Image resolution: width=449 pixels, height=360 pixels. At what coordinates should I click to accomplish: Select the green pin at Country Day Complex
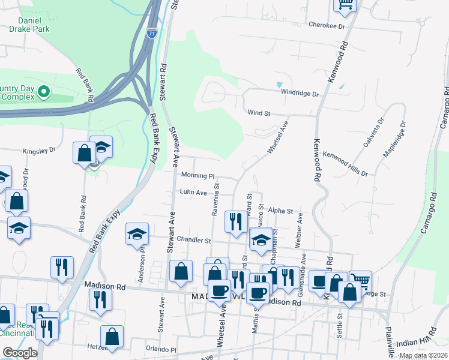43,92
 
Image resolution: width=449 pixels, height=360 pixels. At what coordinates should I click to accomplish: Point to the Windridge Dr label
300,94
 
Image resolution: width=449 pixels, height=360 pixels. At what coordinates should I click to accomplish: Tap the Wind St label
259,113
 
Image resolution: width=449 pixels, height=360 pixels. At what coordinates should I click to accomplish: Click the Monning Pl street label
197,176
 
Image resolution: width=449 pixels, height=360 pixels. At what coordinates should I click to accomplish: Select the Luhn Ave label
193,193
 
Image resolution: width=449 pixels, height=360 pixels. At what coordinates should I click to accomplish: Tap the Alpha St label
280,211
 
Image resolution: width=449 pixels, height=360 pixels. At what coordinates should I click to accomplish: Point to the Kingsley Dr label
39,151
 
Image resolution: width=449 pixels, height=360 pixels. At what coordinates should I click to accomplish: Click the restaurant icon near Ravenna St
234,221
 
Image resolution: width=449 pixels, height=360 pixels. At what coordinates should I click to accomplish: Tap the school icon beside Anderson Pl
137,233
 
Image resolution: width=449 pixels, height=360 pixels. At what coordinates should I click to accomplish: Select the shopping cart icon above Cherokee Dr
345,4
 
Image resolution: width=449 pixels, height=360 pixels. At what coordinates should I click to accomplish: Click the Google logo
20,353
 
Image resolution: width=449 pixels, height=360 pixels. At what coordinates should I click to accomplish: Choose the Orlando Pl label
161,349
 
